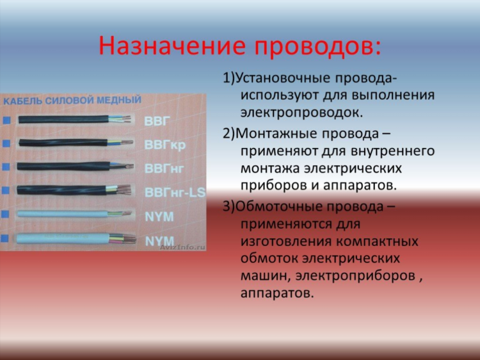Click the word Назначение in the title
point(172,45)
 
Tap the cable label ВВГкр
point(164,145)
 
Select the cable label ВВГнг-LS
point(175,192)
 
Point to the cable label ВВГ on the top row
point(157,121)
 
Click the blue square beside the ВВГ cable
point(7,120)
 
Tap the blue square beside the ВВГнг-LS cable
point(6,190)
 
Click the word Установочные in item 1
point(282,78)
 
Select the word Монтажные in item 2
point(277,134)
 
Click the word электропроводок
point(301,113)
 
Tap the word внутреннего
point(393,151)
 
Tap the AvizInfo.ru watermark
point(182,247)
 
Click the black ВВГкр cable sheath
point(63,142)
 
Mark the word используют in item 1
point(279,95)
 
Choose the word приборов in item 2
point(273,186)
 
